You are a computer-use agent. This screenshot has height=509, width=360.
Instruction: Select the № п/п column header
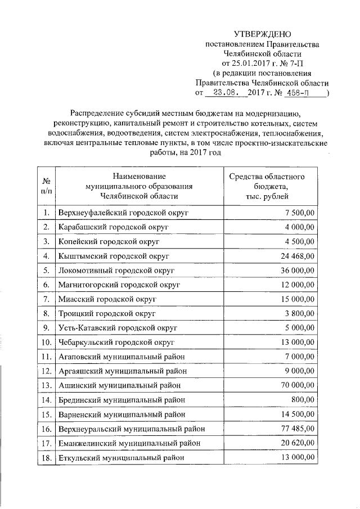[x=47, y=186]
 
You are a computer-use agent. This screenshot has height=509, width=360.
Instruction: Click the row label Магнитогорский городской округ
[x=119, y=285]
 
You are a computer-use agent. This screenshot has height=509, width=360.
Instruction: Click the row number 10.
[x=47, y=342]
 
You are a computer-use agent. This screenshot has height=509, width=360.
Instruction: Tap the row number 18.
[x=47, y=458]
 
